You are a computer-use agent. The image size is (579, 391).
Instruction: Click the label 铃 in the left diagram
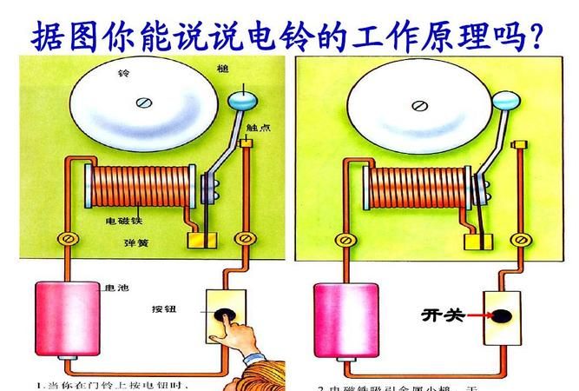point(122,75)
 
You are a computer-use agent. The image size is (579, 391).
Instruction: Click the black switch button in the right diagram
point(502,315)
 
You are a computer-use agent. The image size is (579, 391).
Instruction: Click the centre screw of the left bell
point(142,103)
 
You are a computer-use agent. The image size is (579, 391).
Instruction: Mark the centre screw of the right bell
point(419,106)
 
